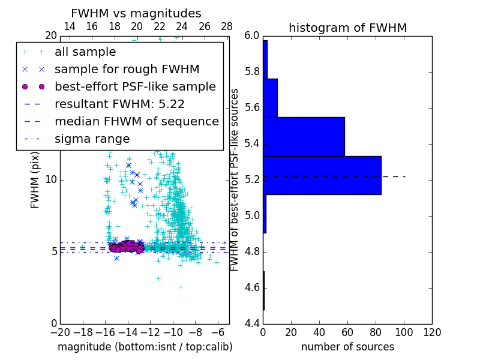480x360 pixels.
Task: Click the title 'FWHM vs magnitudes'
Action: pyautogui.click(x=136, y=13)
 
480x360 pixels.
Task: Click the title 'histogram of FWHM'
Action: pyautogui.click(x=347, y=28)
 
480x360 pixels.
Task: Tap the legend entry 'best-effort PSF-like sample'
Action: pyautogui.click(x=135, y=87)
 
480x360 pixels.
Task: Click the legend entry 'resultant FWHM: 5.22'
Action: pyautogui.click(x=119, y=104)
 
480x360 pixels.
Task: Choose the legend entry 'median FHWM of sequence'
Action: pyautogui.click(x=137, y=122)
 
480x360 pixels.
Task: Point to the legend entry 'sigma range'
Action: pyautogui.click(x=92, y=139)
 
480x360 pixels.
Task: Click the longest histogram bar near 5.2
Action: pyautogui.click(x=322, y=175)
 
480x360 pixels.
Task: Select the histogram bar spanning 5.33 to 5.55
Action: pyautogui.click(x=304, y=136)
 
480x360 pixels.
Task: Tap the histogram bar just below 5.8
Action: pyautogui.click(x=270, y=98)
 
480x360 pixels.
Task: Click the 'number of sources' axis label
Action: pyautogui.click(x=347, y=347)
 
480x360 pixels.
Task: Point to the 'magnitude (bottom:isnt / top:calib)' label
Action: pyautogui.click(x=145, y=347)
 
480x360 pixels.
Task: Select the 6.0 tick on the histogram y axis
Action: pyautogui.click(x=252, y=36)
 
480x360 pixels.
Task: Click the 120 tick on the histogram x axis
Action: pyautogui.click(x=432, y=332)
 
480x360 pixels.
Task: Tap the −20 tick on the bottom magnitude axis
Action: pyautogui.click(x=59, y=332)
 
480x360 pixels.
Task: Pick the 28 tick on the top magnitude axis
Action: pyautogui.click(x=227, y=26)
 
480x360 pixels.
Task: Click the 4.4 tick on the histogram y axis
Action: pyautogui.click(x=252, y=323)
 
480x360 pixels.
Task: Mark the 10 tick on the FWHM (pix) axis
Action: pyautogui.click(x=50, y=179)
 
